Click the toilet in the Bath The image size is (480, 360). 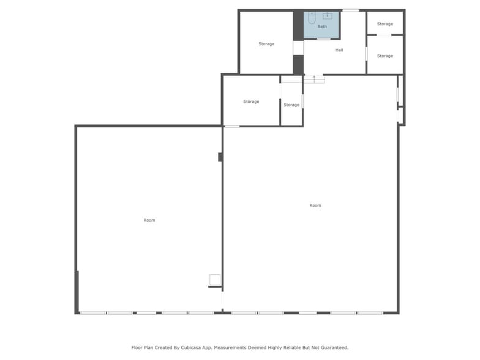click(x=312, y=18)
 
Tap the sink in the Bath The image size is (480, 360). click(x=328, y=16)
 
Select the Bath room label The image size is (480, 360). click(x=322, y=27)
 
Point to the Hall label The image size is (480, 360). click(x=339, y=50)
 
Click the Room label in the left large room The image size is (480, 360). click(x=149, y=220)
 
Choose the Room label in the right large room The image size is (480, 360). click(x=315, y=206)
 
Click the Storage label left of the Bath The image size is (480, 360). click(x=266, y=44)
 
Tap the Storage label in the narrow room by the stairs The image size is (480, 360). click(x=291, y=105)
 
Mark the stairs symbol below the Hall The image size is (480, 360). click(x=314, y=79)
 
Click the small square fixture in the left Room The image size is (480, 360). click(x=215, y=280)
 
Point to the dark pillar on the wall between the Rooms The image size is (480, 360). click(x=220, y=157)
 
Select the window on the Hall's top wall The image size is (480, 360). click(x=350, y=10)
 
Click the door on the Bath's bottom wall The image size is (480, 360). click(x=324, y=39)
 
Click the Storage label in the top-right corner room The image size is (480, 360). click(x=385, y=24)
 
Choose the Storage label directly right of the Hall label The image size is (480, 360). click(x=385, y=56)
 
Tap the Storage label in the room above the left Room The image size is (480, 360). click(x=252, y=102)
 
